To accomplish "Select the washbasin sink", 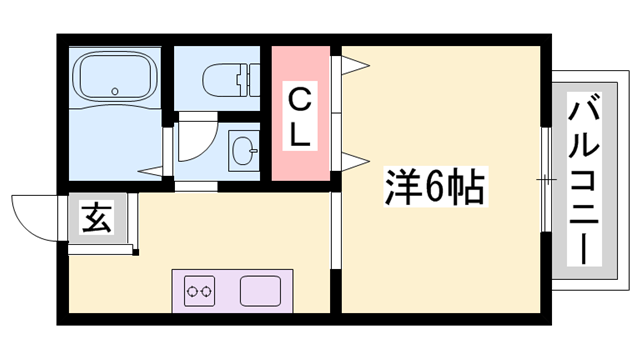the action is click(x=242, y=153).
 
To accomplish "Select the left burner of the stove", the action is click(x=192, y=292).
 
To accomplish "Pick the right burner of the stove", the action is click(x=208, y=292).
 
